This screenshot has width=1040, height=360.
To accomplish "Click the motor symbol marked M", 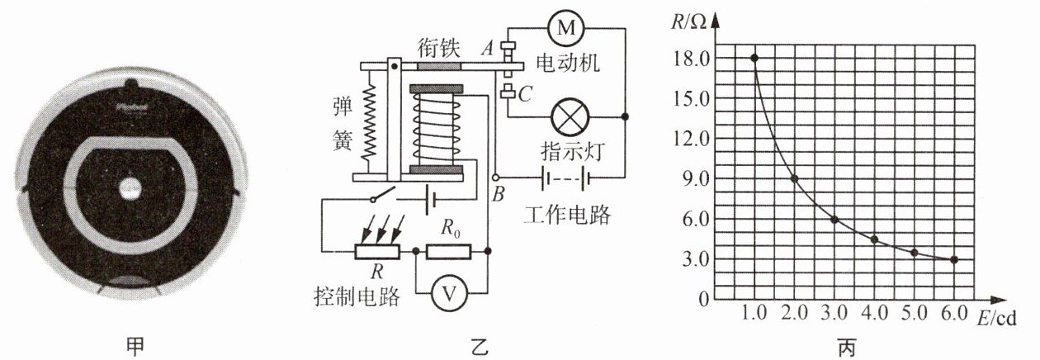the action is pyautogui.click(x=566, y=28).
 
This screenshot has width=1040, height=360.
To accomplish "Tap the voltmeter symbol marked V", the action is pyautogui.click(x=448, y=293).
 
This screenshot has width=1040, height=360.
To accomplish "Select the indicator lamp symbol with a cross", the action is pyautogui.click(x=570, y=117).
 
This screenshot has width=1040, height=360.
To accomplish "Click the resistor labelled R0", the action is pyautogui.click(x=448, y=251).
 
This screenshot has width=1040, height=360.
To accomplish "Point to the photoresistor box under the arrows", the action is pyautogui.click(x=377, y=251).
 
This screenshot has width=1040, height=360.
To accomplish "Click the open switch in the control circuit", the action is pyautogui.click(x=383, y=195).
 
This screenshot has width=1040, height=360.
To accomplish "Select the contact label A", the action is pyautogui.click(x=488, y=47).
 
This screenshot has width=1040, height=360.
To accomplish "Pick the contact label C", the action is pyautogui.click(x=525, y=94).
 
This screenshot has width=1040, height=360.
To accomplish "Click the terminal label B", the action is pyautogui.click(x=498, y=195).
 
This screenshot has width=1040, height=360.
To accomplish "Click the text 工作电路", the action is pyautogui.click(x=567, y=215).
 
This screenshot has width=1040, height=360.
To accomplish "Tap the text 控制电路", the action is pyautogui.click(x=357, y=296).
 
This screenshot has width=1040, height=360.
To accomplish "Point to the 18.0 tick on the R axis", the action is pyautogui.click(x=692, y=59).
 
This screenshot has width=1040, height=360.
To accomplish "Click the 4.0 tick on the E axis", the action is pyautogui.click(x=875, y=313).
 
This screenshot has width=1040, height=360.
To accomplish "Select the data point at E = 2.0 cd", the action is pyautogui.click(x=794, y=178).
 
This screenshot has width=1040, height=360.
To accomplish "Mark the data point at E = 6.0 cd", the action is pyautogui.click(x=954, y=259).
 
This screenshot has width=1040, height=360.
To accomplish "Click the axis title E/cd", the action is pyautogui.click(x=996, y=319).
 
